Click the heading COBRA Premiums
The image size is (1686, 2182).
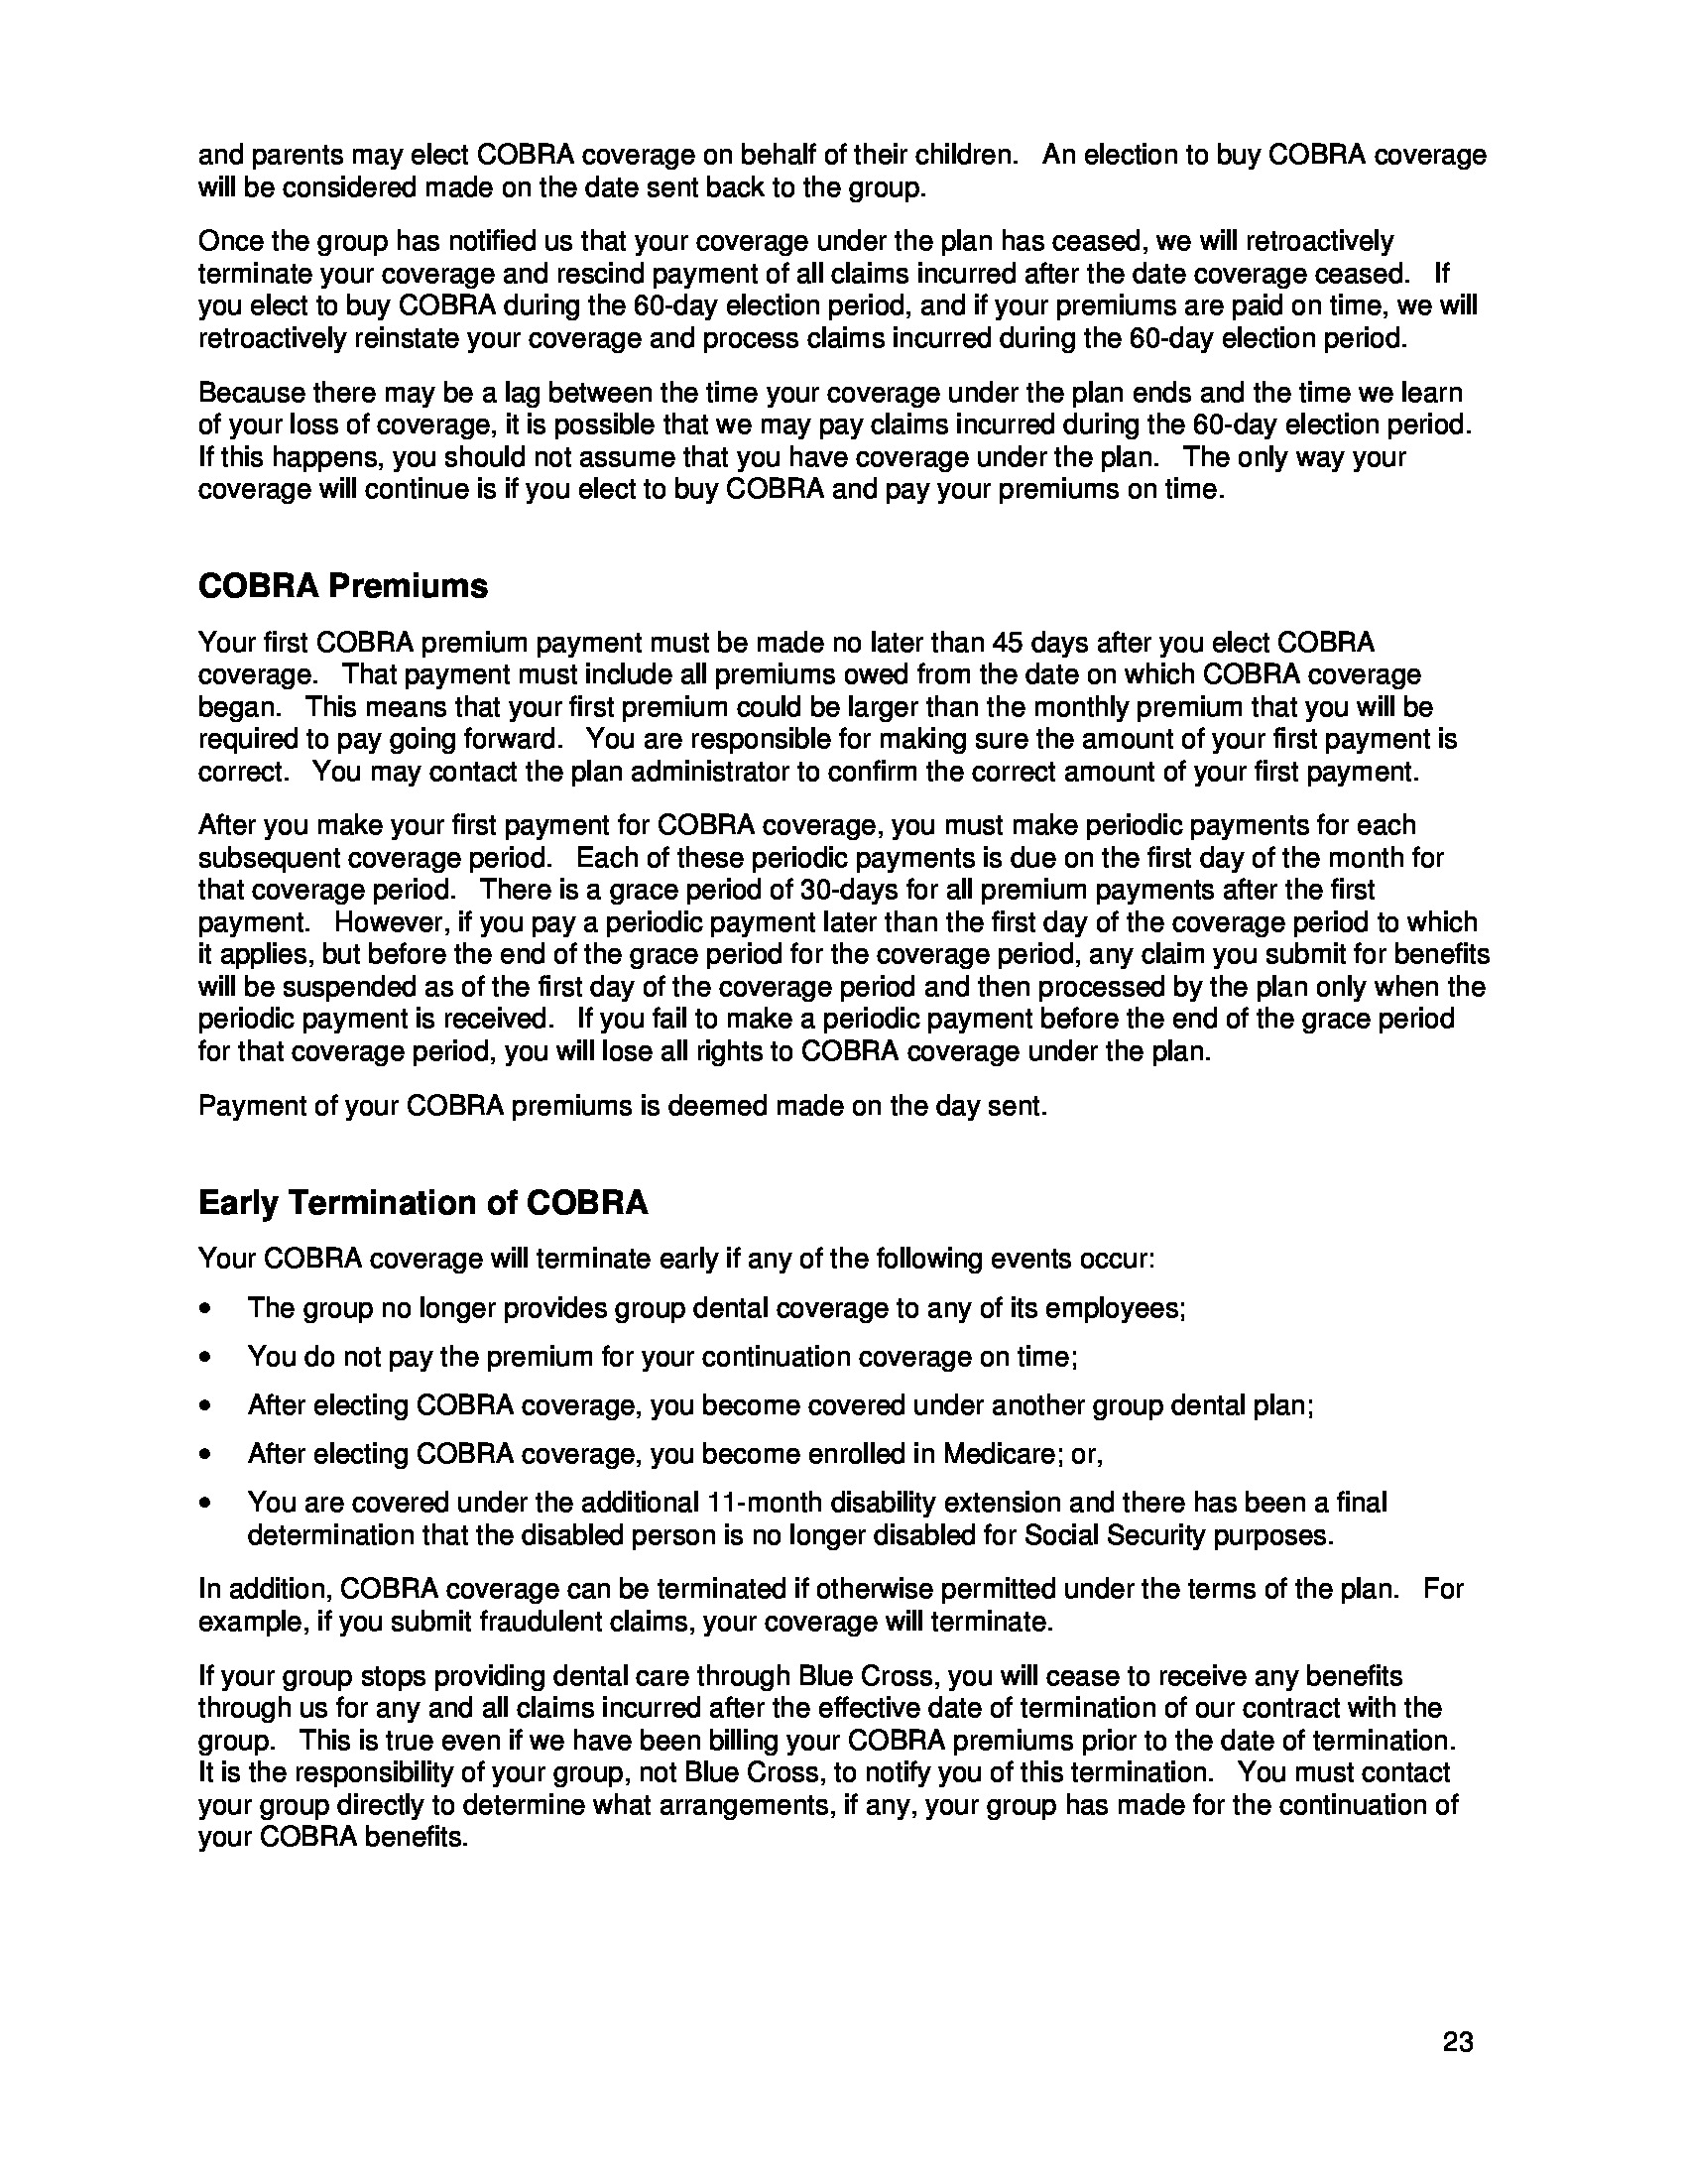pyautogui.click(x=342, y=586)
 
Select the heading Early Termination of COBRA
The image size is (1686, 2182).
pyautogui.click(x=422, y=1203)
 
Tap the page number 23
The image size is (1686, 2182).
pyautogui.click(x=1457, y=2042)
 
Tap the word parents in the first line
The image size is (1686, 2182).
pyautogui.click(x=299, y=156)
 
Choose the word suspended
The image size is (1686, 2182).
pyautogui.click(x=330, y=987)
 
